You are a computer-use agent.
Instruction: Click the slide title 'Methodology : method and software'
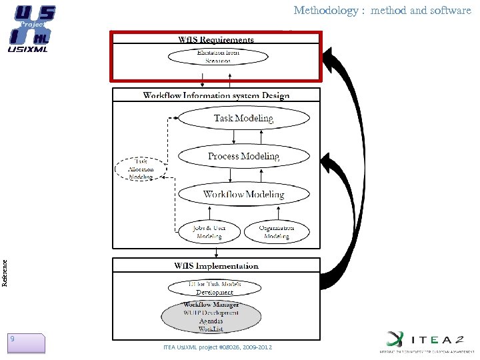[382, 11]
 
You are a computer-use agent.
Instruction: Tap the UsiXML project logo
[31, 28]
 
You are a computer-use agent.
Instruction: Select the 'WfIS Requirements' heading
[215, 39]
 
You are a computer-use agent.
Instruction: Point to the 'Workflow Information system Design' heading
[216, 95]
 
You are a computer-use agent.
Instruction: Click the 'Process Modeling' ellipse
[243, 157]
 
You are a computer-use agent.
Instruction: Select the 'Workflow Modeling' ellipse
[243, 195]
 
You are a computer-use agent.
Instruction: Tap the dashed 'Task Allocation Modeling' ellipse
[141, 169]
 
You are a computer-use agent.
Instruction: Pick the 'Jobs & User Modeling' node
[209, 232]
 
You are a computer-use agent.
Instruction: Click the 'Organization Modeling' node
[276, 232]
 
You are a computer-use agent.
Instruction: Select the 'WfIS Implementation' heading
[216, 266]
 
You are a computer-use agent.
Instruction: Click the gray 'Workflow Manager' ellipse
[211, 317]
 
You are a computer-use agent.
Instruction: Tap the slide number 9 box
[26, 342]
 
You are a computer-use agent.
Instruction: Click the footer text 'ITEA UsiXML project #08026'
[217, 347]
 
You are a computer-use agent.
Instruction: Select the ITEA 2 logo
[427, 341]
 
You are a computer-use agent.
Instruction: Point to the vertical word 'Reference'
[5, 273]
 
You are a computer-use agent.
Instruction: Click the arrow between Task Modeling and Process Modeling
[233, 137]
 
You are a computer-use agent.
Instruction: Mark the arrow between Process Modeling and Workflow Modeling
[231, 175]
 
